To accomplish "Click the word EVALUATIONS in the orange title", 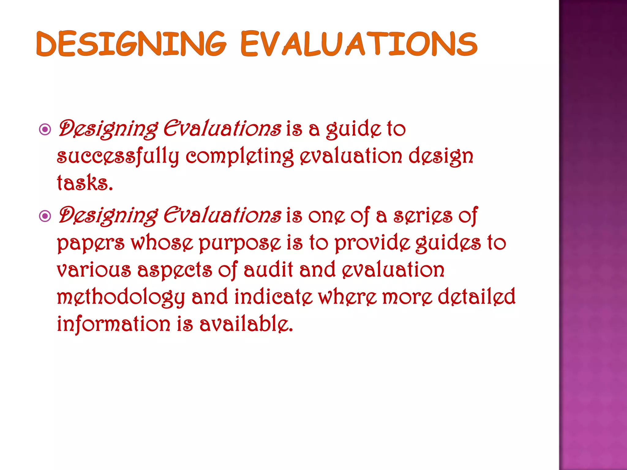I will coord(359,44).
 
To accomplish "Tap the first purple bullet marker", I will coord(45,130).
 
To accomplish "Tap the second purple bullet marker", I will coord(45,217).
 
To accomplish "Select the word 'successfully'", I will coord(118,157).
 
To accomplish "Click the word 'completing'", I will coord(239,157).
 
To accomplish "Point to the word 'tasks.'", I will coord(85,183).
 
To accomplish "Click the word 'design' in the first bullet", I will coord(441,157).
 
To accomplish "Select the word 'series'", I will coord(423,216).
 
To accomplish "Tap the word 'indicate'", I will coord(273,297).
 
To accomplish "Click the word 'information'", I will coord(113,324).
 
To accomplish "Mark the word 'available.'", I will coord(246,324).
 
